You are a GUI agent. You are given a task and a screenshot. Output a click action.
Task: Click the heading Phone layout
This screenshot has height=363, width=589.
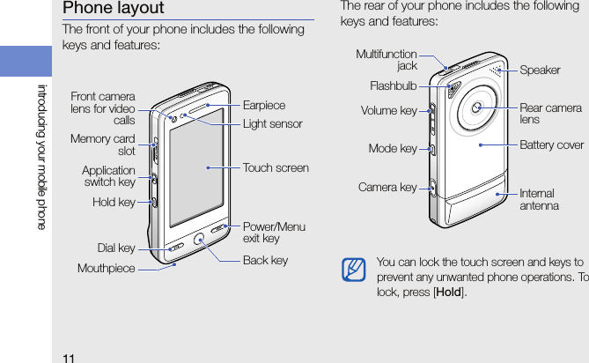click(x=113, y=9)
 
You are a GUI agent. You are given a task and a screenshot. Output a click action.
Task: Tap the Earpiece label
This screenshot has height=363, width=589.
click(x=264, y=105)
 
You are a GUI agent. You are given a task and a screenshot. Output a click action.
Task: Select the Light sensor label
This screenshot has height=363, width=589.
click(x=272, y=124)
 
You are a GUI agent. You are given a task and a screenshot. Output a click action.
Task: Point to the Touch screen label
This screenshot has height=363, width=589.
click(x=276, y=167)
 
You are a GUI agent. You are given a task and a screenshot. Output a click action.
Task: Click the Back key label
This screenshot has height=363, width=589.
click(x=265, y=260)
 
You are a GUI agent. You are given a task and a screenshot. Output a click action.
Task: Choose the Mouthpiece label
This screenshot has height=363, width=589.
click(x=106, y=268)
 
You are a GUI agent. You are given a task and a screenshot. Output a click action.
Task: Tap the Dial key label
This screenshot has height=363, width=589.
click(x=116, y=248)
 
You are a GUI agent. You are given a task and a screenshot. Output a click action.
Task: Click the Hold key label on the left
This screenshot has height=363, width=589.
click(x=114, y=203)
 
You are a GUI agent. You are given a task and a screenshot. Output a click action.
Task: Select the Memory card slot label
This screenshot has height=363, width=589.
click(x=103, y=144)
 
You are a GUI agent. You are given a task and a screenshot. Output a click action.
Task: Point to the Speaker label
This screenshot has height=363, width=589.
click(x=540, y=70)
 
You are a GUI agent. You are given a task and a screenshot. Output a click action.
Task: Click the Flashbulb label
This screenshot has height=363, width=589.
click(x=394, y=86)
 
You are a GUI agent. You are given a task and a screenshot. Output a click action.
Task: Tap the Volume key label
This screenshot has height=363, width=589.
click(x=389, y=112)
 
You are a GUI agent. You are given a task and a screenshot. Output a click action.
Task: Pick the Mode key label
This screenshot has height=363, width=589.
click(x=393, y=149)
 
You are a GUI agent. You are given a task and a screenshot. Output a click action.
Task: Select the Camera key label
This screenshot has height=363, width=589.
click(x=387, y=188)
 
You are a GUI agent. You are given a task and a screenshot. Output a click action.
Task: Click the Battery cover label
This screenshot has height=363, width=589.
click(x=551, y=144)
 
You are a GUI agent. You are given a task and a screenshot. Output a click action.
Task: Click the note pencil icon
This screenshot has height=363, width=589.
click(x=355, y=269)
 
